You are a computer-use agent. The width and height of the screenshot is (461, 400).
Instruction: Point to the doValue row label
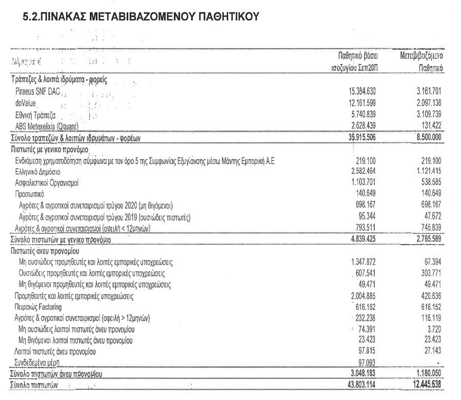(x=25, y=104)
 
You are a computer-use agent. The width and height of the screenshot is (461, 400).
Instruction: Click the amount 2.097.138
(x=427, y=104)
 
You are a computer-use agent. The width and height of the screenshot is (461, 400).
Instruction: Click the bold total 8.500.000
(x=426, y=137)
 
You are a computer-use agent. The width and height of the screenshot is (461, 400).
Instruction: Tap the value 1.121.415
(x=427, y=171)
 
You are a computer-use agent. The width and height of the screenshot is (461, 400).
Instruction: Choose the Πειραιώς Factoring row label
(x=38, y=307)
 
